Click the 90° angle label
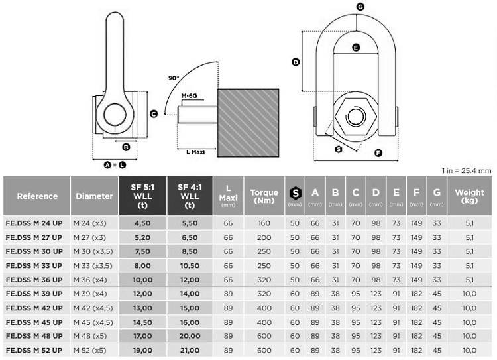pyautogui.click(x=174, y=78)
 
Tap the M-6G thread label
pyautogui.click(x=190, y=95)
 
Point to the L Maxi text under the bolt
pyautogui.click(x=195, y=152)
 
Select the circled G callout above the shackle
pyautogui.click(x=360, y=7)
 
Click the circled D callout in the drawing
pyautogui.click(x=296, y=62)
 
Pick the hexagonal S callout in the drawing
pyautogui.click(x=339, y=149)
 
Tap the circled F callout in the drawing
pyautogui.click(x=378, y=153)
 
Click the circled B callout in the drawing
pyautogui.click(x=126, y=147)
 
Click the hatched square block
pyautogui.click(x=248, y=123)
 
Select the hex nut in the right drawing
pyautogui.click(x=356, y=117)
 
